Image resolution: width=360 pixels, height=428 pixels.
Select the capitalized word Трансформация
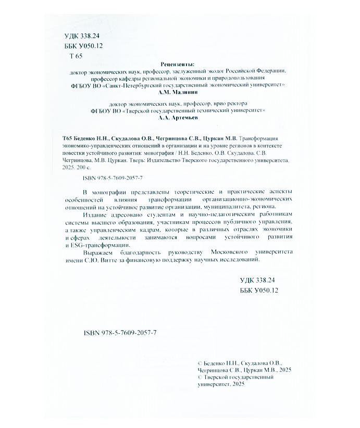(260, 139)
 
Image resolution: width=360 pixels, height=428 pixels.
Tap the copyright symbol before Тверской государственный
(195, 376)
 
